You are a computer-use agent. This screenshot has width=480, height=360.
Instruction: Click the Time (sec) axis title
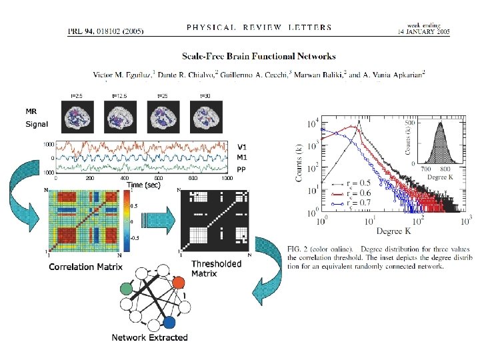pos(144,185)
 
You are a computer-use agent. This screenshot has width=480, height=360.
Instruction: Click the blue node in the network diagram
pos(170,323)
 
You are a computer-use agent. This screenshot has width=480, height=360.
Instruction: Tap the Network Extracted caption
pos(149,337)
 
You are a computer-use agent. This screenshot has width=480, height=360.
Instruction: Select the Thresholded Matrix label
pos(216,268)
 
